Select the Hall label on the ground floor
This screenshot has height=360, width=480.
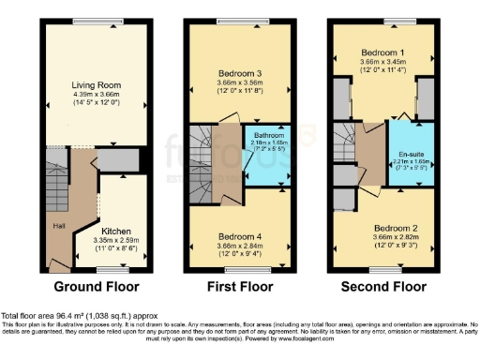coord(58,226)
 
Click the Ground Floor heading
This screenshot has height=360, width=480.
coord(97,286)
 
